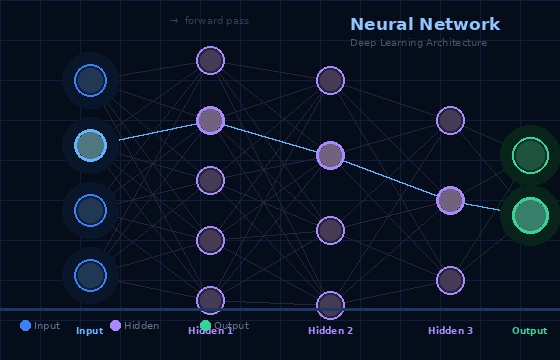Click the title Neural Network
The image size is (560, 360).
[425, 25]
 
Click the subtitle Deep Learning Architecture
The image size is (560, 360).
[418, 43]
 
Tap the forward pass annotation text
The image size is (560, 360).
[210, 21]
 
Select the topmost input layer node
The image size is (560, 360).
[90, 80]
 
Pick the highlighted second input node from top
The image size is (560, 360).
[90, 145]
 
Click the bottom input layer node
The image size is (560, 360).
[90, 275]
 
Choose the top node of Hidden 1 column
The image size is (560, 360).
[210, 60]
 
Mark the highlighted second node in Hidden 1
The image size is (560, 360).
[210, 120]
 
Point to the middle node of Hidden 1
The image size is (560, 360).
[210, 180]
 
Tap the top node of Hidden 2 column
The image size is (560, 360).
[330, 80]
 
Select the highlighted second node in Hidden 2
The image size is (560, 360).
[330, 155]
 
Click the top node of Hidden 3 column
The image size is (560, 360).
[450, 120]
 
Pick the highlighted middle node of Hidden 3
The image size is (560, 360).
[450, 200]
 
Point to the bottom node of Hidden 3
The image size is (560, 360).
[450, 280]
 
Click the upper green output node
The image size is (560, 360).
[530, 155]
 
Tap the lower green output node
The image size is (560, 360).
[530, 215]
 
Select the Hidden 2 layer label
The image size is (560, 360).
[330, 331]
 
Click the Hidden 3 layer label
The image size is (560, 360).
[450, 331]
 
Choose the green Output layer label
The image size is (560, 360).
[530, 331]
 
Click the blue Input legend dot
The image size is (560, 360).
[25, 325]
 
